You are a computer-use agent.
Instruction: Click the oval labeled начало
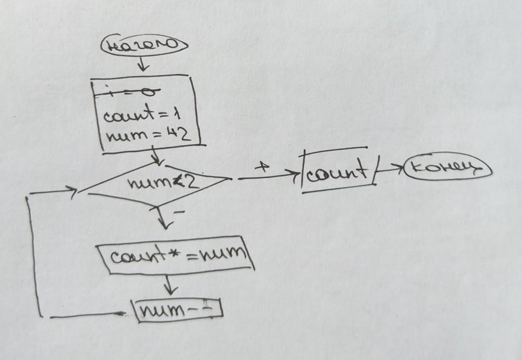click(x=143, y=46)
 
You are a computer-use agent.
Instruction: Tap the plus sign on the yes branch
click(x=262, y=168)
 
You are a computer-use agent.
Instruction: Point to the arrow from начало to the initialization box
click(x=143, y=64)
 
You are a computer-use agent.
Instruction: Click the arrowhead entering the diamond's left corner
click(x=70, y=190)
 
